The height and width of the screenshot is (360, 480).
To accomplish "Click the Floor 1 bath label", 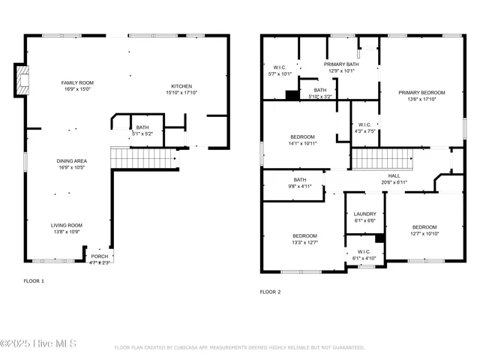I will (x=142, y=127).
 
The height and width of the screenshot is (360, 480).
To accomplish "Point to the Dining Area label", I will (x=72, y=161).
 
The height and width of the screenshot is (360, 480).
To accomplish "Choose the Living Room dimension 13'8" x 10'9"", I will (x=66, y=232).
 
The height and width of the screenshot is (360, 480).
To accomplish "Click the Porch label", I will (x=100, y=256).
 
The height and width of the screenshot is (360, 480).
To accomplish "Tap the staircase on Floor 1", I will (x=143, y=158).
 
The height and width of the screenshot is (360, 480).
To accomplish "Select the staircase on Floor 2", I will (x=383, y=158).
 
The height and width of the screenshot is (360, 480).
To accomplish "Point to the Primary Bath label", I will (x=342, y=64).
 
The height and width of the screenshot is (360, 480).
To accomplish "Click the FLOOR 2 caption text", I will (x=270, y=292).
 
